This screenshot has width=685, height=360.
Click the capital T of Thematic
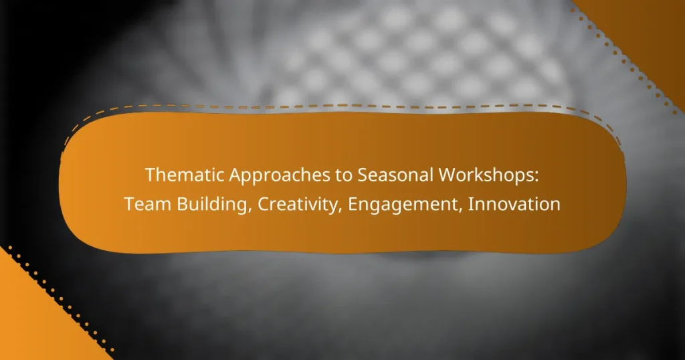point(150,175)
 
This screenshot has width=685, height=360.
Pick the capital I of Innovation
point(470,205)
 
